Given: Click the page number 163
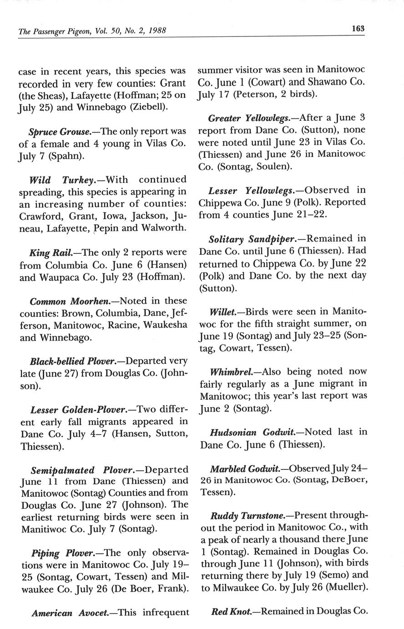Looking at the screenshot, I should coord(358,28).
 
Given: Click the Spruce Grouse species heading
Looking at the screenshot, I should coord(59,132).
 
